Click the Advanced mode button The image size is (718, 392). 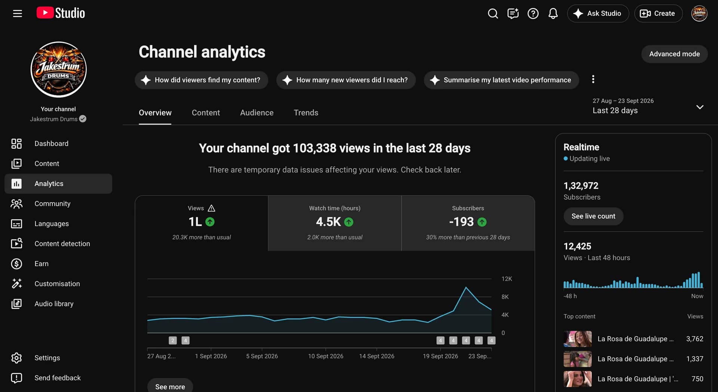click(x=674, y=54)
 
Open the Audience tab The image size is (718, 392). click(x=257, y=112)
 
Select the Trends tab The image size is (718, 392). click(x=306, y=112)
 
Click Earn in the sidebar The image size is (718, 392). click(x=42, y=263)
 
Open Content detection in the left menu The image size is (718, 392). click(x=62, y=244)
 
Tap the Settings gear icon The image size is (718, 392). click(x=16, y=358)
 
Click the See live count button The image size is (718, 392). click(x=593, y=216)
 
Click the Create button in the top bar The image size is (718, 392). click(x=658, y=13)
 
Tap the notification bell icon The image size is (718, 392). click(x=553, y=13)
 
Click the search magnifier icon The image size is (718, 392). click(x=493, y=13)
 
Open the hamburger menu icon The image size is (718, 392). click(x=18, y=13)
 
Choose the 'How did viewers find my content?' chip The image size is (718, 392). click(x=202, y=80)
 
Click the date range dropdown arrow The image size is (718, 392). click(x=700, y=107)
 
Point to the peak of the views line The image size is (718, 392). click(x=466, y=287)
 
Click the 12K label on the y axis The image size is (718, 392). click(x=507, y=279)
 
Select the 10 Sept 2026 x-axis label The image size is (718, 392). click(x=325, y=356)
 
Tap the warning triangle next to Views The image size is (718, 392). click(x=211, y=208)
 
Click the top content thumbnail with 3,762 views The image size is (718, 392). click(x=577, y=339)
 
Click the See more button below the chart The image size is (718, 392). click(x=170, y=386)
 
